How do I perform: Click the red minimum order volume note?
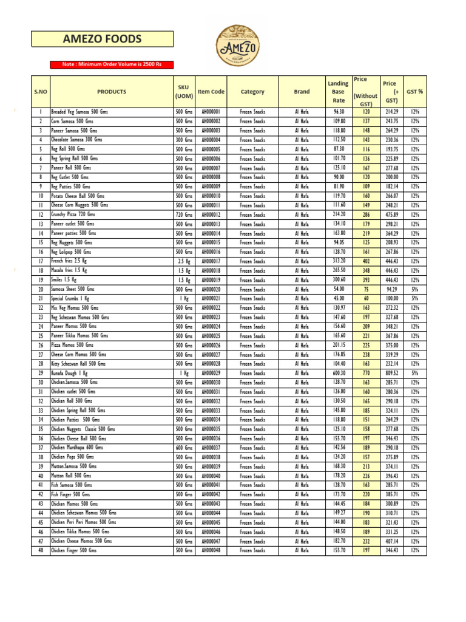coord(112,65)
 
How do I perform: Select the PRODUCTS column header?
coord(112,92)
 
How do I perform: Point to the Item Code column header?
coord(211,92)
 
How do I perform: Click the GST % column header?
coord(415,92)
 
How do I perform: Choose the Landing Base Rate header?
coord(338,92)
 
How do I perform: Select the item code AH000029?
coord(211,373)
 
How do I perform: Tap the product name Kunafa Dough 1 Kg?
coord(69,373)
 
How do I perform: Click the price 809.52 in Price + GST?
coord(391,373)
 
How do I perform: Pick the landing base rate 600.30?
coord(339,373)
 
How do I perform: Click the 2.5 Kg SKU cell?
coord(183,261)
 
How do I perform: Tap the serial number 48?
coord(40,550)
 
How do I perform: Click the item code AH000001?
coord(211,112)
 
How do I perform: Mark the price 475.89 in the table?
coord(391,214)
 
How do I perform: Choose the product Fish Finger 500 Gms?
coord(72,494)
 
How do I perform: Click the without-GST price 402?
coord(366,261)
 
